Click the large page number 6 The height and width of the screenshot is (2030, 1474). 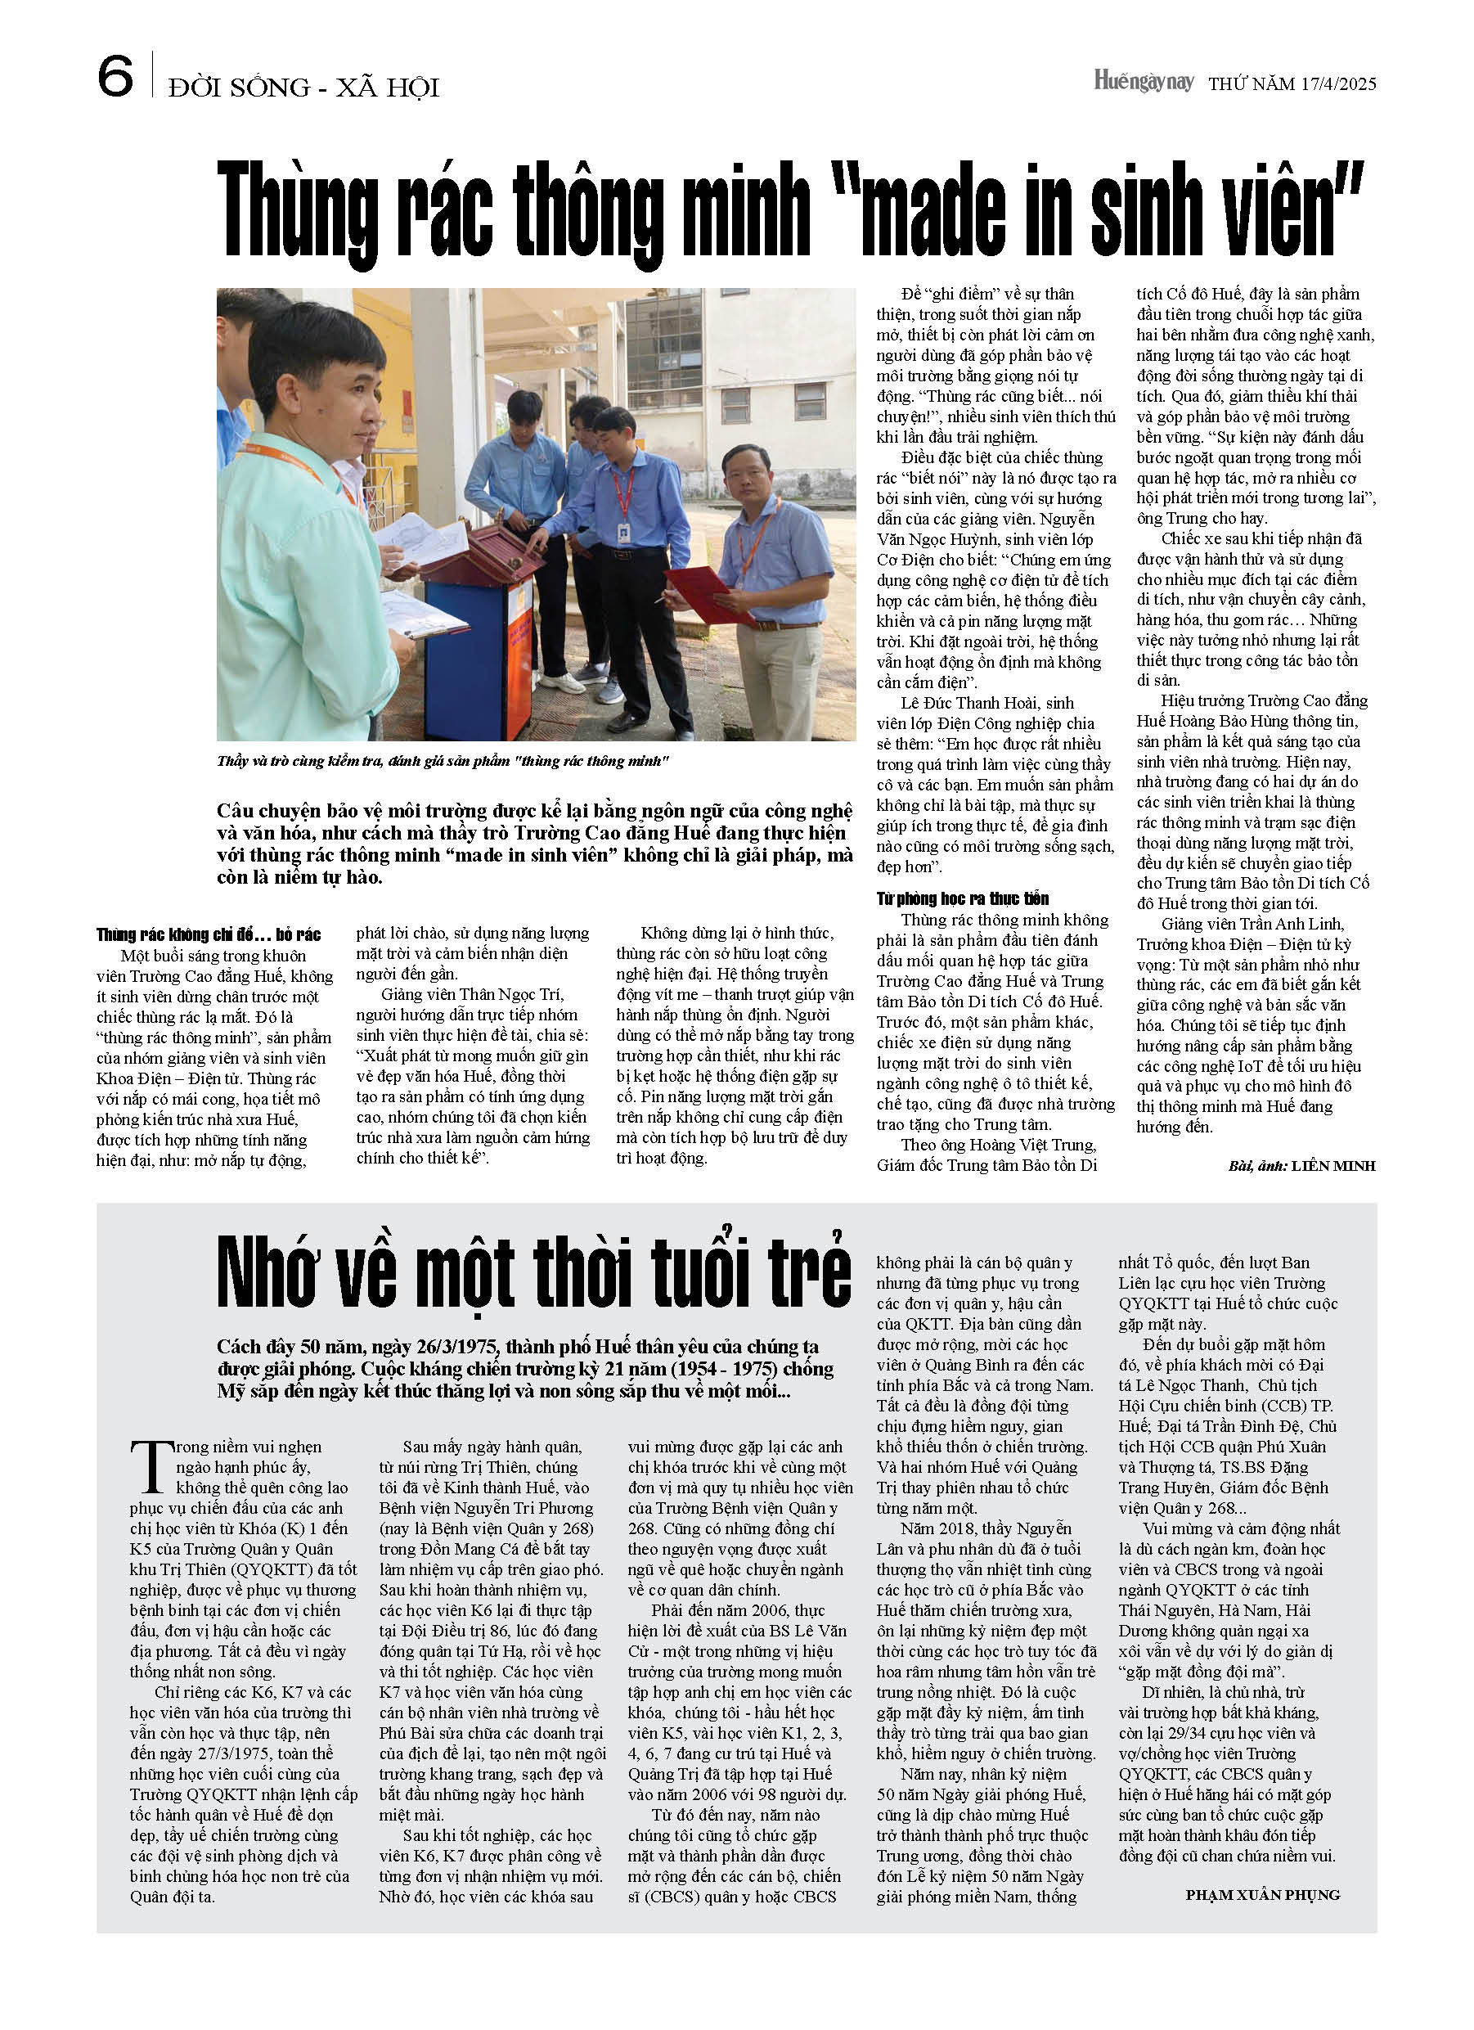pyautogui.click(x=115, y=76)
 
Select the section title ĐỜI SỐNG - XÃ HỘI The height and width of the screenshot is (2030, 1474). pyautogui.click(x=303, y=88)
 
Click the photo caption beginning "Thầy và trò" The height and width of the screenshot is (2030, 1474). pyautogui.click(x=443, y=762)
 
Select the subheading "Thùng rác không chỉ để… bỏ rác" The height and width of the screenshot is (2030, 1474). pyautogui.click(x=209, y=934)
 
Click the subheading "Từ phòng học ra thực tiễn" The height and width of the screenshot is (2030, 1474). pyautogui.click(x=962, y=898)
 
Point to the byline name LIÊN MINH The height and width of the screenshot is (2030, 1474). pyautogui.click(x=1332, y=1165)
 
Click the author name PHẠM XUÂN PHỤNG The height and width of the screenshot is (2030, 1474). pyautogui.click(x=1262, y=1895)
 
